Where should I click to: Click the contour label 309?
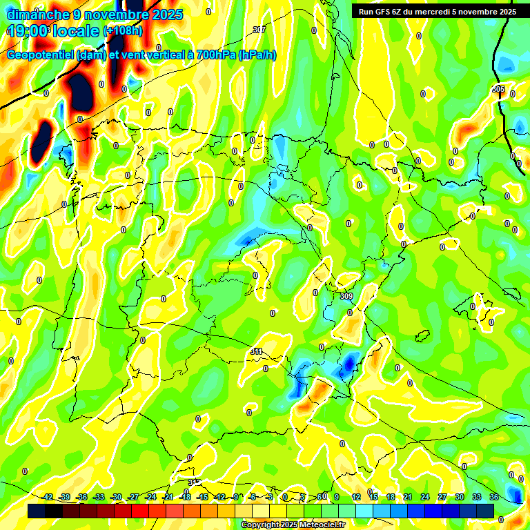pos(346,296)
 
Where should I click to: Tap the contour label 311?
pos(256,352)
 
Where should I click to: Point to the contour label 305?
pos(498,90)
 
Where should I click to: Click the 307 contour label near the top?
pos(259,30)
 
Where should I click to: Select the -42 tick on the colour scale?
pos(48,497)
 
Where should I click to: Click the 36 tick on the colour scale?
pos(494,497)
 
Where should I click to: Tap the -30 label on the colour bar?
pos(117,497)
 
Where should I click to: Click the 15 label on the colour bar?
pos(373,497)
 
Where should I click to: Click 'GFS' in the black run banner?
pos(382,12)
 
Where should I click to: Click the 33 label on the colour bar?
pos(477,497)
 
